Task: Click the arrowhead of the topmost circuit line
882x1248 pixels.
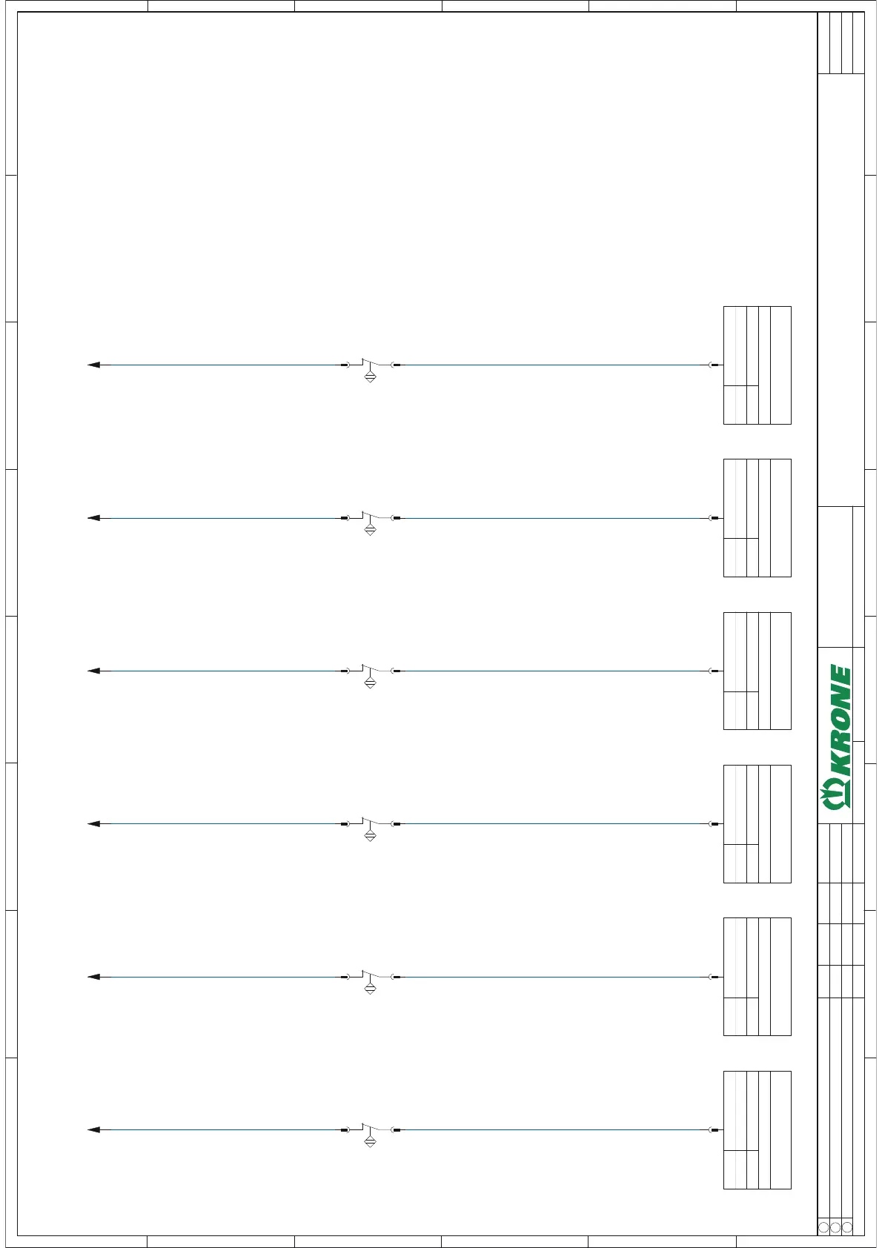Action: [93, 365]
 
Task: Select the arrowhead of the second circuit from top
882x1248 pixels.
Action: [93, 518]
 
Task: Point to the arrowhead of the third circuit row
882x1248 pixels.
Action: [93, 671]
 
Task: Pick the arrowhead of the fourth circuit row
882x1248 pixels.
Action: [93, 824]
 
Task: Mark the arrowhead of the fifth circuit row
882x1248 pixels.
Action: [93, 977]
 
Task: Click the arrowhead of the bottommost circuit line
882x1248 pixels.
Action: [93, 1130]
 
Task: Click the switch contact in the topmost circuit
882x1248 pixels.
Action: [371, 363]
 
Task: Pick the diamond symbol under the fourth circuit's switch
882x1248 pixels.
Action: [371, 836]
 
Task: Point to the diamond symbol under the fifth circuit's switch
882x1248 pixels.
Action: [371, 989]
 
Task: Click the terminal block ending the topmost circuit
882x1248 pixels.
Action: [757, 365]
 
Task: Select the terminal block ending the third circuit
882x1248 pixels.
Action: [757, 671]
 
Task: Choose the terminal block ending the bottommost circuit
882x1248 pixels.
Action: [757, 1130]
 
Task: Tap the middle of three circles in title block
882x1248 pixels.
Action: [835, 1227]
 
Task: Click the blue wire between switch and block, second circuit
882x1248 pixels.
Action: [552, 518]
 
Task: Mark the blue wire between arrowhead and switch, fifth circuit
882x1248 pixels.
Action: [222, 977]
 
